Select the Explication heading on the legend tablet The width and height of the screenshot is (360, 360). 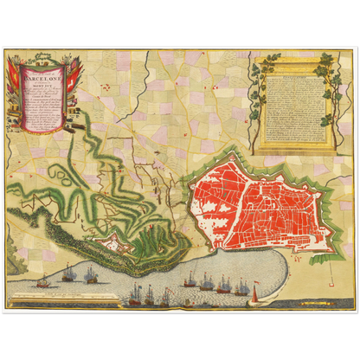click(292, 75)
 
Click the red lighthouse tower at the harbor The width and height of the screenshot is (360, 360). click(254, 297)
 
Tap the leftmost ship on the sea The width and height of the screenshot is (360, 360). click(41, 284)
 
